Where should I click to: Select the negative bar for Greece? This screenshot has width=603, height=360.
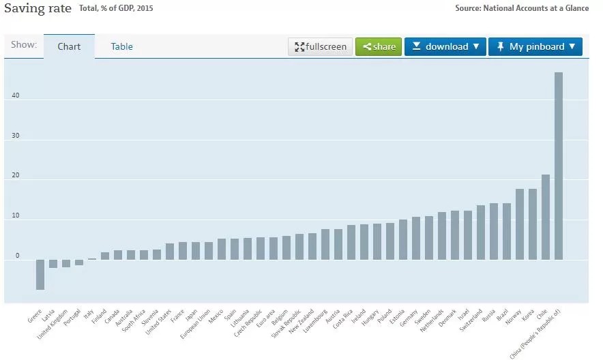(40, 274)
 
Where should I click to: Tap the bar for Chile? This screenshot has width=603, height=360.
(546, 217)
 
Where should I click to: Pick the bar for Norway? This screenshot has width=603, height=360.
(520, 224)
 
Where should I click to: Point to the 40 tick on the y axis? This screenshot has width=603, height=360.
(16, 95)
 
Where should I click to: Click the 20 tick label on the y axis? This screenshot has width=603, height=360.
(16, 176)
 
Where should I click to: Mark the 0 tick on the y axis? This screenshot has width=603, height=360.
(18, 256)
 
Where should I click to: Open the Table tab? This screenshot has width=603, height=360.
(122, 46)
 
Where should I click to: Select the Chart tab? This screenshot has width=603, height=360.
(69, 46)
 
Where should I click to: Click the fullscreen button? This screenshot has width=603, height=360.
(321, 46)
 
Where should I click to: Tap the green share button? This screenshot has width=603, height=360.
(379, 46)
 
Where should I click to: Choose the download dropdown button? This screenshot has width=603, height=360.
(445, 46)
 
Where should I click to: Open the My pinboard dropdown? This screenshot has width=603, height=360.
(535, 46)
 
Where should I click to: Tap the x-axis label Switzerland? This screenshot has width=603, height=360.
(471, 320)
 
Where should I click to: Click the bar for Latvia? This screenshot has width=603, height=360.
(53, 263)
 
